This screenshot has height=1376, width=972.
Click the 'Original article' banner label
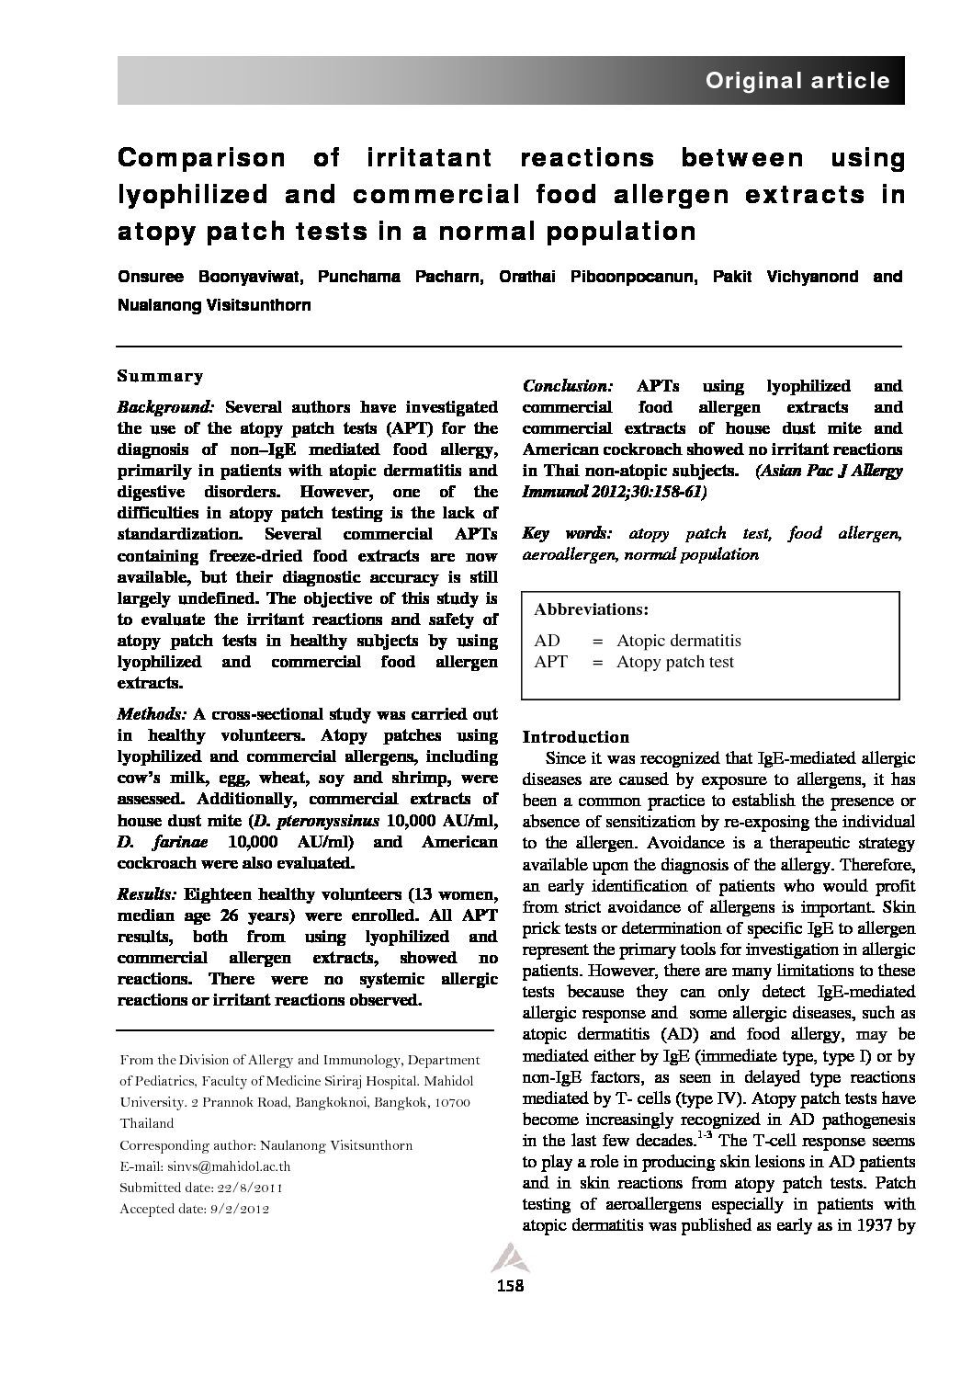pos(797,81)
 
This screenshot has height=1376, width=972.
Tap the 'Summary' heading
pos(160,376)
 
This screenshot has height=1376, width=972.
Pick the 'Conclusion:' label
pos(568,386)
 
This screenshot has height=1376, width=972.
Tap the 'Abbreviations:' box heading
pos(591,609)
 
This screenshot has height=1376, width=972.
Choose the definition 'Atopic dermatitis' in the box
pos(678,641)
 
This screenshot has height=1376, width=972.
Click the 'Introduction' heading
pos(576,736)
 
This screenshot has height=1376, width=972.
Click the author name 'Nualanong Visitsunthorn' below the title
pos(214,305)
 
